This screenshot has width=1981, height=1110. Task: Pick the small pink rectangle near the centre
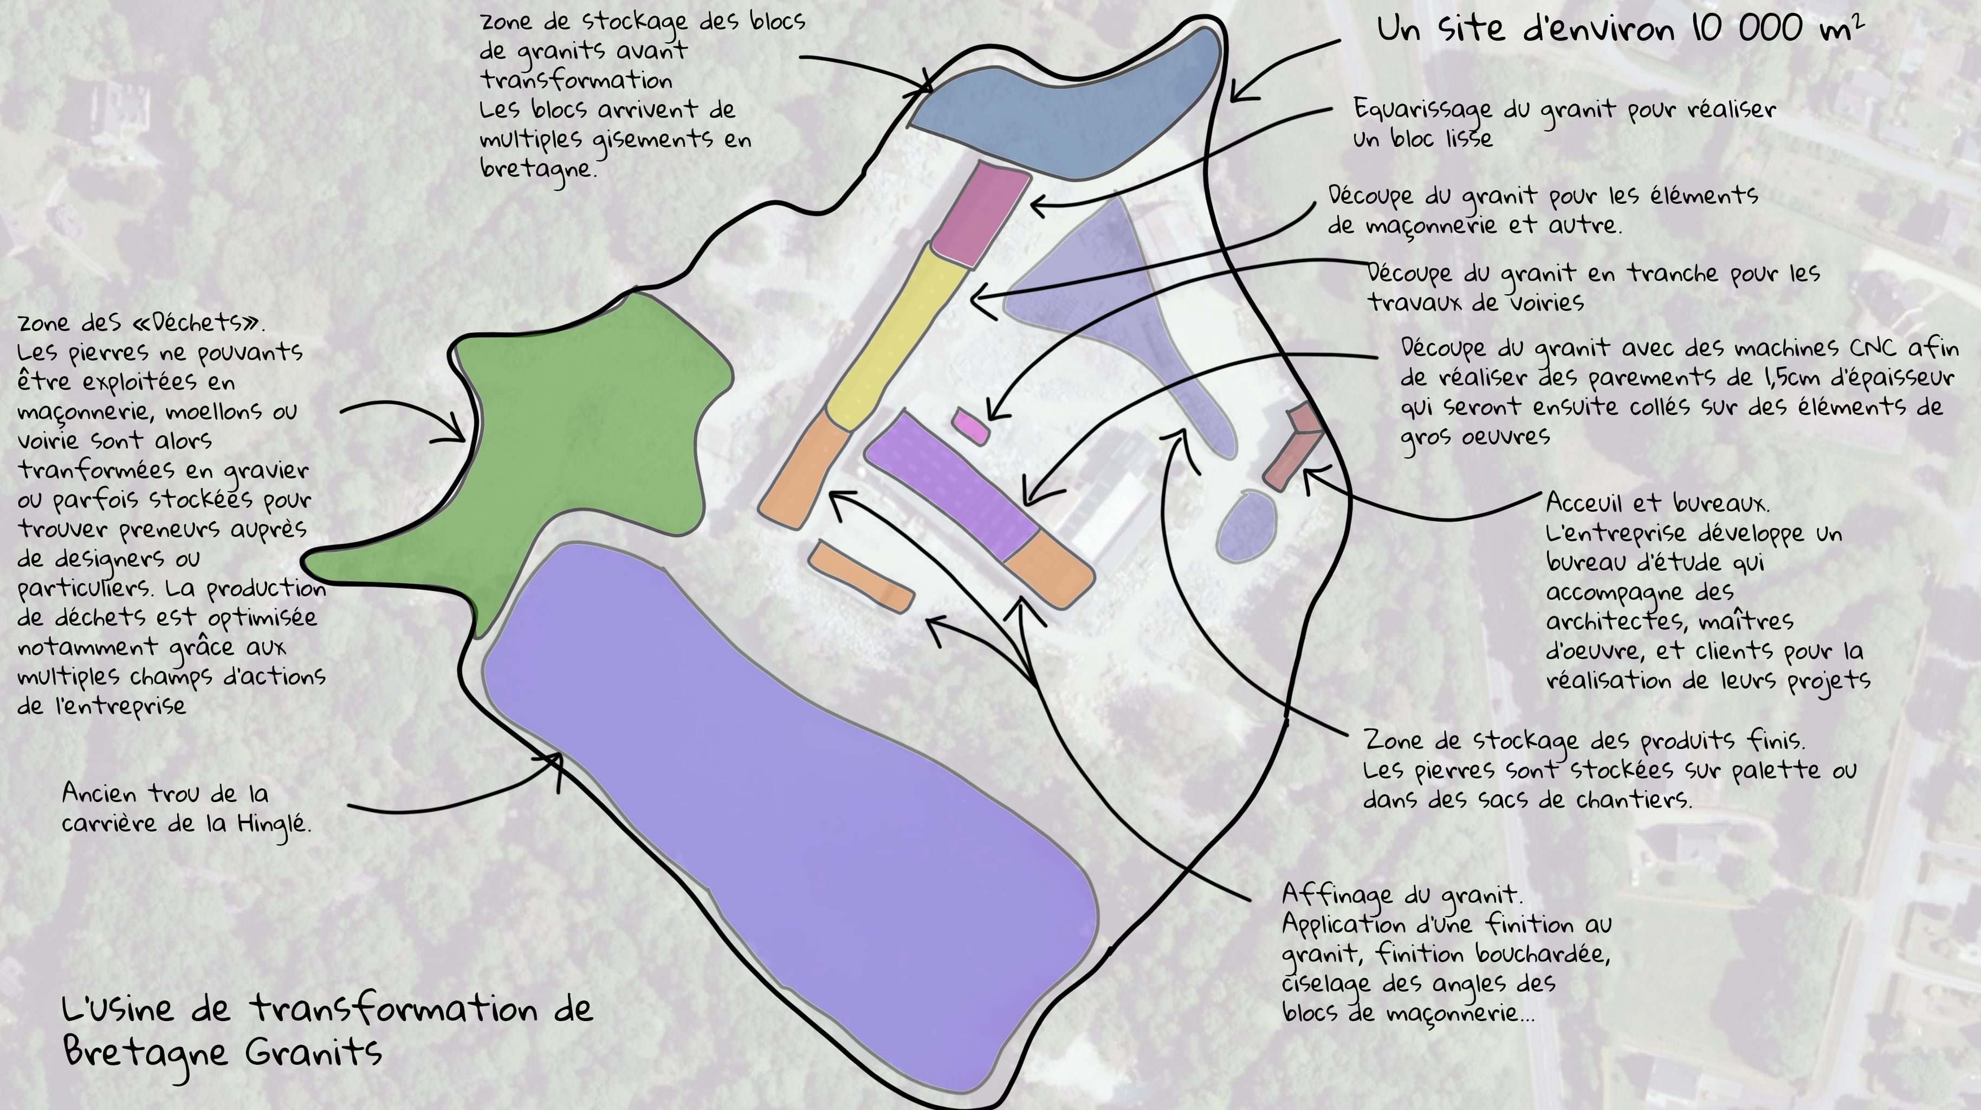click(970, 426)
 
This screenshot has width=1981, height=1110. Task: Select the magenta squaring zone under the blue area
click(981, 214)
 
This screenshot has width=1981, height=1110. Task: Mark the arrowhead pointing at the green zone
click(454, 431)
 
